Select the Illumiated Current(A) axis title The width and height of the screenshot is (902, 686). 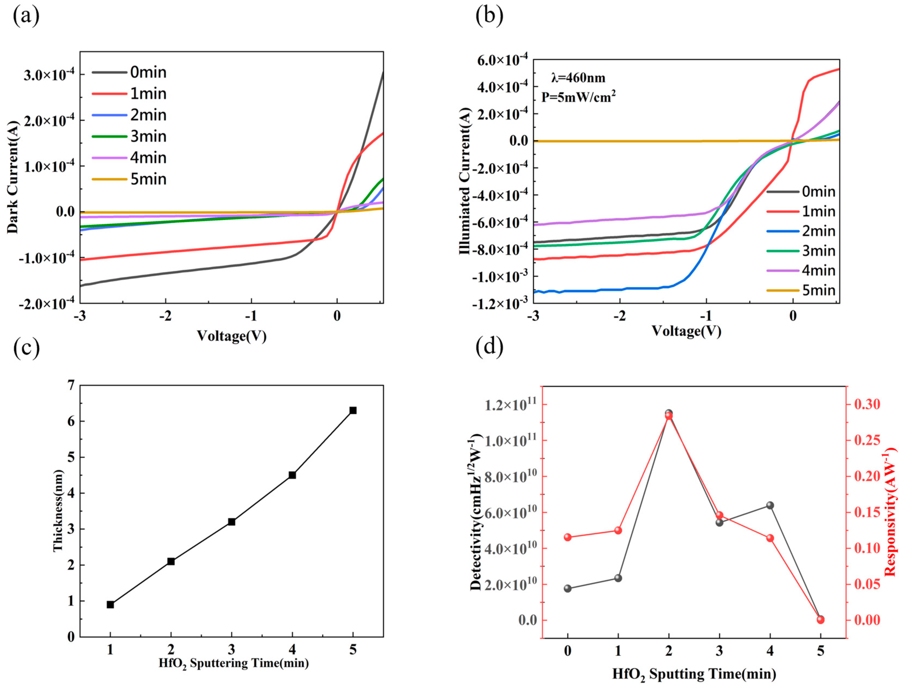pos(465,181)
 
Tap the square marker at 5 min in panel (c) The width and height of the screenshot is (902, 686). pos(353,410)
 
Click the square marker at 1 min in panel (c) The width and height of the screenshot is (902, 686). pos(110,605)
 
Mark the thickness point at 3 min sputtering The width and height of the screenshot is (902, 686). pos(231,522)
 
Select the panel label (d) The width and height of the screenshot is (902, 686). pos(489,346)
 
